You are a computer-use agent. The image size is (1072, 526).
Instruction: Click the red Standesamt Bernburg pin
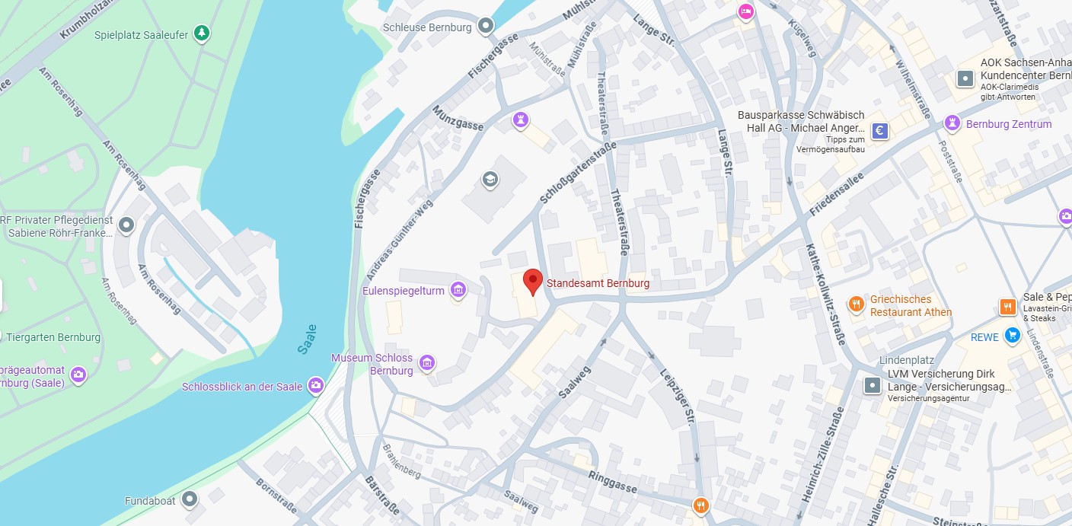(x=533, y=281)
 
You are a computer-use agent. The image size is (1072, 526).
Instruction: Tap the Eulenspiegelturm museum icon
(x=458, y=290)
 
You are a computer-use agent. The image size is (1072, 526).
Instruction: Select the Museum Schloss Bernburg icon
(x=427, y=363)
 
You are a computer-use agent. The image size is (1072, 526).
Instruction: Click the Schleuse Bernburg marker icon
(x=486, y=27)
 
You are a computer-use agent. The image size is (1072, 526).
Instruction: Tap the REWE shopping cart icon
(x=1012, y=336)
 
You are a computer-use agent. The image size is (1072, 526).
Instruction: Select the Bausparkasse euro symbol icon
(x=880, y=131)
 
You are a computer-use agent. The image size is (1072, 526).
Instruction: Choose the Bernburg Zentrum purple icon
(x=952, y=123)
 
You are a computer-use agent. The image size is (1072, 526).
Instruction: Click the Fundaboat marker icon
(x=190, y=499)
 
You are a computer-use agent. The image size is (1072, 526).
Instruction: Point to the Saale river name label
(x=307, y=339)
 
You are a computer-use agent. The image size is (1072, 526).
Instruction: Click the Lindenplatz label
(x=906, y=360)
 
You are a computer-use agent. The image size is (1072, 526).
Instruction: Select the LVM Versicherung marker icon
(x=873, y=386)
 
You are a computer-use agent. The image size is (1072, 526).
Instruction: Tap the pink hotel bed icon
(x=745, y=11)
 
